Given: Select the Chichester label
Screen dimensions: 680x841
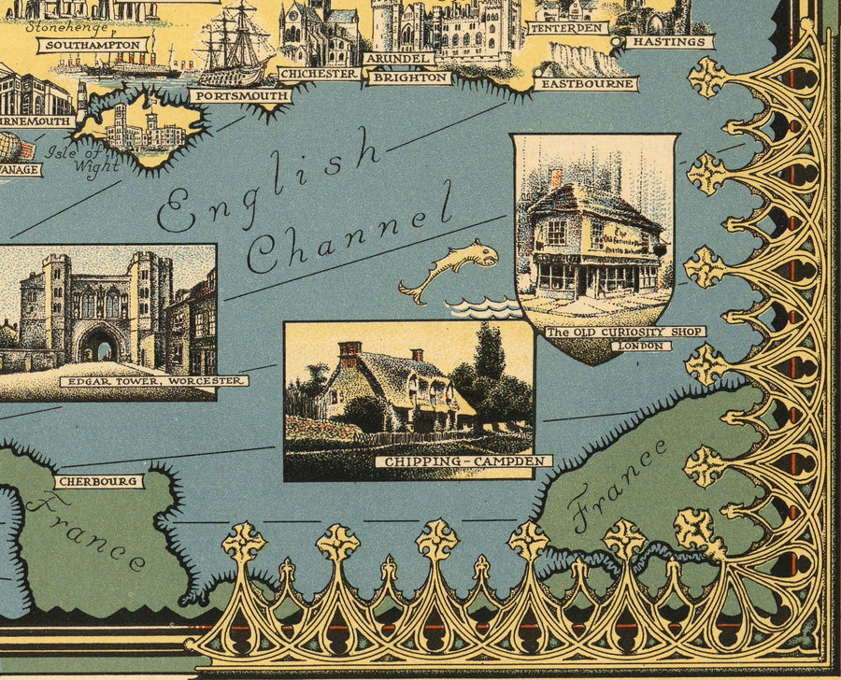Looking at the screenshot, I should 319,73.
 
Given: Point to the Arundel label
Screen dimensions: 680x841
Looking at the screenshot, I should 397,58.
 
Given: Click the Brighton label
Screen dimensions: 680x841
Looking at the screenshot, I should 410,78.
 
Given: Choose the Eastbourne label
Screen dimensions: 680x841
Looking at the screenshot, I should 587,84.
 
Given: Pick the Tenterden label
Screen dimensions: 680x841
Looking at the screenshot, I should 566,28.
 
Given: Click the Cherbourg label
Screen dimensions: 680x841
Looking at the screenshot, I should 98,482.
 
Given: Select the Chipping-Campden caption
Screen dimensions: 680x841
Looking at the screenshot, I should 464,461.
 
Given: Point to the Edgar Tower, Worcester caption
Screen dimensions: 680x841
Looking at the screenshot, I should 154,381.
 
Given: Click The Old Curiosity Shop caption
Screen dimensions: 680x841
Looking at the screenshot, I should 625,333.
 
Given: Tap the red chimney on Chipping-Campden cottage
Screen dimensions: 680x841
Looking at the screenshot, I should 349,353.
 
